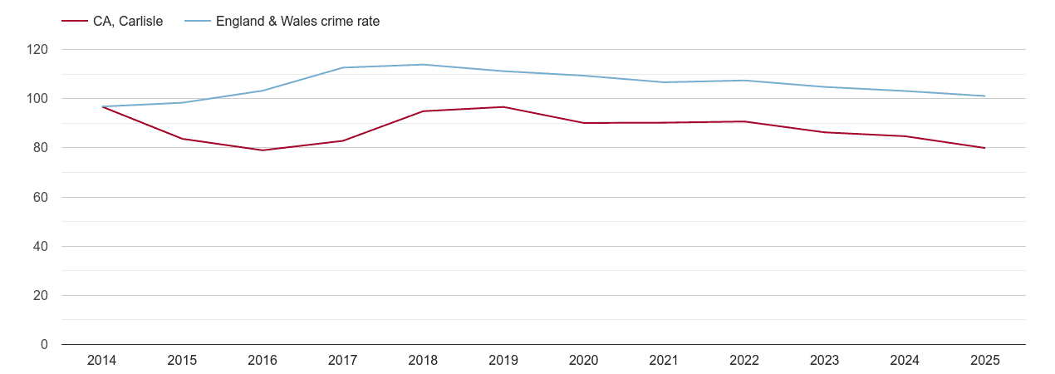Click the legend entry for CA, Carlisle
click(128, 22)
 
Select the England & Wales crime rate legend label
click(297, 22)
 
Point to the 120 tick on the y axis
click(37, 50)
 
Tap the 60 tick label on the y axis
click(41, 198)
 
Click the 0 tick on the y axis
click(44, 345)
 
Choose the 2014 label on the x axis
click(101, 361)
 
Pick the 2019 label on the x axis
click(503, 361)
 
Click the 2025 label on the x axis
click(985, 361)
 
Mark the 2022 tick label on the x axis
click(744, 361)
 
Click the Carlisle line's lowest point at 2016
click(263, 150)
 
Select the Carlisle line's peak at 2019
click(503, 107)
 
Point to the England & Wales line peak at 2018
click(423, 65)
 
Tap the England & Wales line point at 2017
click(342, 68)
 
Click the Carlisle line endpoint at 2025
click(985, 148)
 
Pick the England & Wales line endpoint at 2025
click(985, 96)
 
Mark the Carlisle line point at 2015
click(182, 139)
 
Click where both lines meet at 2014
click(101, 106)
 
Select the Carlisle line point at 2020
click(584, 123)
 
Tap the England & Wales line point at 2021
click(664, 82)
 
